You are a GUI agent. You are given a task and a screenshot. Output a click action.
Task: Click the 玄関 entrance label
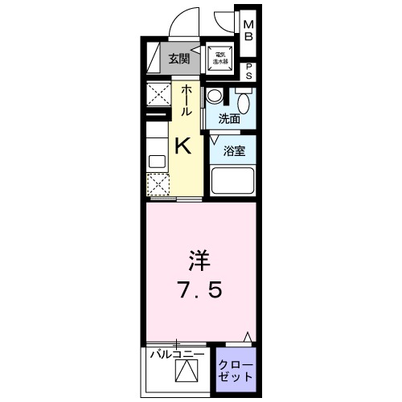179,57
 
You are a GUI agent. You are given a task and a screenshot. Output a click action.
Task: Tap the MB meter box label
248,31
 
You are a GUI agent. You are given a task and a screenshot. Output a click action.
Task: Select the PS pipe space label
248,70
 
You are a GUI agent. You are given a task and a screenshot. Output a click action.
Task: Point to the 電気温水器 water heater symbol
218,57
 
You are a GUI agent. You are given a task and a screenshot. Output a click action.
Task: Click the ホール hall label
187,100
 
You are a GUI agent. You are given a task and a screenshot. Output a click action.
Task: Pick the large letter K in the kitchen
183,146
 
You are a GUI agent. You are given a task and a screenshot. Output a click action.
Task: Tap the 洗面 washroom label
229,119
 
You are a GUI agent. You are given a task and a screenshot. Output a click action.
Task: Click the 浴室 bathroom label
234,150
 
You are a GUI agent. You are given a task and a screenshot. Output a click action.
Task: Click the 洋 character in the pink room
199,261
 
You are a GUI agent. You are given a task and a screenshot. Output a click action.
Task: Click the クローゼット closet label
236,371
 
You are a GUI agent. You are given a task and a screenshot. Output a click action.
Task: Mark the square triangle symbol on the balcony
187,372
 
